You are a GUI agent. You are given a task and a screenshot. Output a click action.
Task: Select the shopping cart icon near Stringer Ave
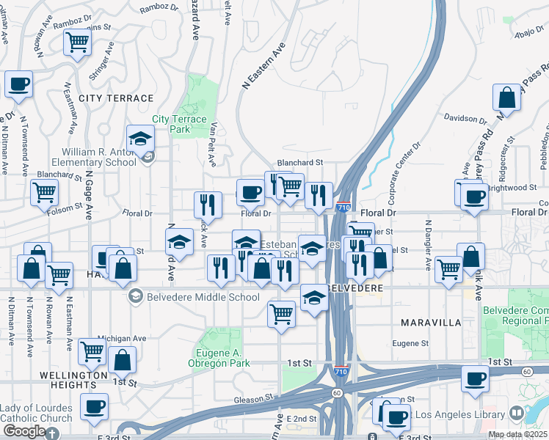(76, 41)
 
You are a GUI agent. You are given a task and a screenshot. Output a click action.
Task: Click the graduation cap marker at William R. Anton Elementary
(141, 137)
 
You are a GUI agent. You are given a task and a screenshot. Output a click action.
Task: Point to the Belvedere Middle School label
(193, 297)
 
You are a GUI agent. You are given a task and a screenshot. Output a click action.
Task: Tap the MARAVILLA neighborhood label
(431, 323)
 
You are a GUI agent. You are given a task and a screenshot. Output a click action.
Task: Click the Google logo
(24, 431)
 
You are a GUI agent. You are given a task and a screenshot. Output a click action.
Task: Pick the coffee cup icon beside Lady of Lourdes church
(94, 407)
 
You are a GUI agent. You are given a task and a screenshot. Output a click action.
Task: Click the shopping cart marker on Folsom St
(44, 193)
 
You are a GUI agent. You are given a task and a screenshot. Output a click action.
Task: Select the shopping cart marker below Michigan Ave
(92, 351)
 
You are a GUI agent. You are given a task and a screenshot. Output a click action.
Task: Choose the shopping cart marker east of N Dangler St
(448, 268)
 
